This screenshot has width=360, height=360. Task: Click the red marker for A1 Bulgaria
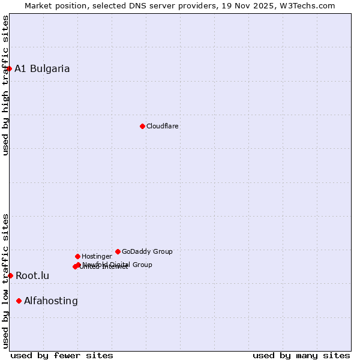(9, 68)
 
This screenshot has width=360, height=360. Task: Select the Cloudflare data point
(142, 126)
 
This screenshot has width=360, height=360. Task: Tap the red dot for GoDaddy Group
(118, 251)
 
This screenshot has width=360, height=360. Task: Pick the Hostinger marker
(77, 256)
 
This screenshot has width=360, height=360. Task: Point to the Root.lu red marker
(10, 275)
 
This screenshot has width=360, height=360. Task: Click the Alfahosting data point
(19, 301)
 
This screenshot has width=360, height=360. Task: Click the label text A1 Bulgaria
(42, 68)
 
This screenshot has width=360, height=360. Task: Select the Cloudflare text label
(163, 126)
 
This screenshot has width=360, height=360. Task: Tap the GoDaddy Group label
(147, 251)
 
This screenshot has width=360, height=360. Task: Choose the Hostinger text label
(97, 256)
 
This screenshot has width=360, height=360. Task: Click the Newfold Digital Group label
(118, 264)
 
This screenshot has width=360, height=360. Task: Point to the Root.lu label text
(32, 276)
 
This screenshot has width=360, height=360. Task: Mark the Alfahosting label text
(51, 301)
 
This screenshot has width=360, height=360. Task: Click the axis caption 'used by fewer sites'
(62, 355)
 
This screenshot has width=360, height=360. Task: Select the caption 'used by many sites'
(301, 355)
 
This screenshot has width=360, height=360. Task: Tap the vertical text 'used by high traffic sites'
(5, 85)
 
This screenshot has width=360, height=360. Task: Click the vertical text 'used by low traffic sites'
(5, 281)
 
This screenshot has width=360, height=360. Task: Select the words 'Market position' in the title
(53, 5)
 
